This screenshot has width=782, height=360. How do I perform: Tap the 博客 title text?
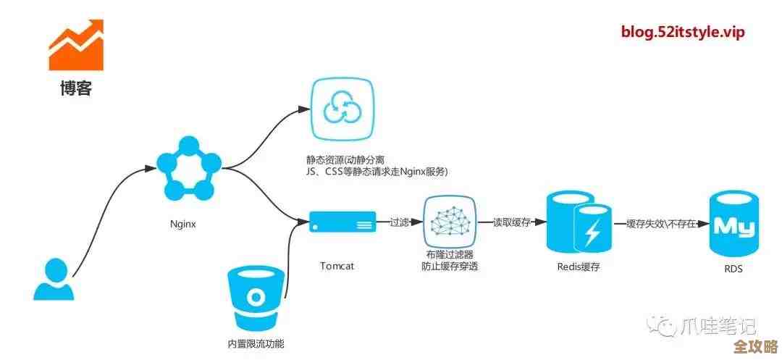click(x=76, y=90)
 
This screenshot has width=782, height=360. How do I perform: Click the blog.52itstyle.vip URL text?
click(x=683, y=33)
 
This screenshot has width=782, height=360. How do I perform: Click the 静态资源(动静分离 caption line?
click(x=346, y=159)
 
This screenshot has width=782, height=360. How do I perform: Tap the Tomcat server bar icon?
click(x=342, y=222)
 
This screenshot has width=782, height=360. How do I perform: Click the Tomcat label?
click(x=337, y=266)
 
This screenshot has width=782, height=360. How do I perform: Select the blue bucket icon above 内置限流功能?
click(x=256, y=297)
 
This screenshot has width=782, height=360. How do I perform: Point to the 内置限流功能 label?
click(x=256, y=344)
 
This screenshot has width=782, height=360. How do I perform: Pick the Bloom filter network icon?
click(x=449, y=222)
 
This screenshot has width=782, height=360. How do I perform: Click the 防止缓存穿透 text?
click(x=449, y=267)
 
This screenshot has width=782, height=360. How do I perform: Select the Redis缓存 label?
click(x=579, y=267)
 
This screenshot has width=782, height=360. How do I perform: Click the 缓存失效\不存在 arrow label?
click(x=660, y=224)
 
